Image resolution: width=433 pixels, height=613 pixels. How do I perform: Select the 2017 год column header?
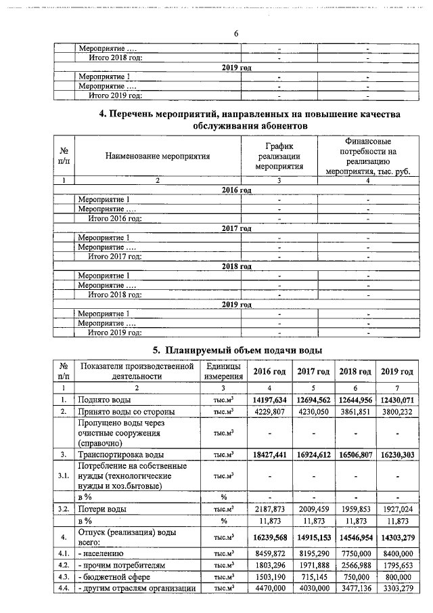point(314,371)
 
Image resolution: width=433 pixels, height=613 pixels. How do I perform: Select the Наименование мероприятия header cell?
point(158,156)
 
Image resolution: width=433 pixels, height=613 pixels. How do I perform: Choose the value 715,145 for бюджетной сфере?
point(314,576)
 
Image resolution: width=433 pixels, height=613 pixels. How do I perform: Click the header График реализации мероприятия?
point(279,156)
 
